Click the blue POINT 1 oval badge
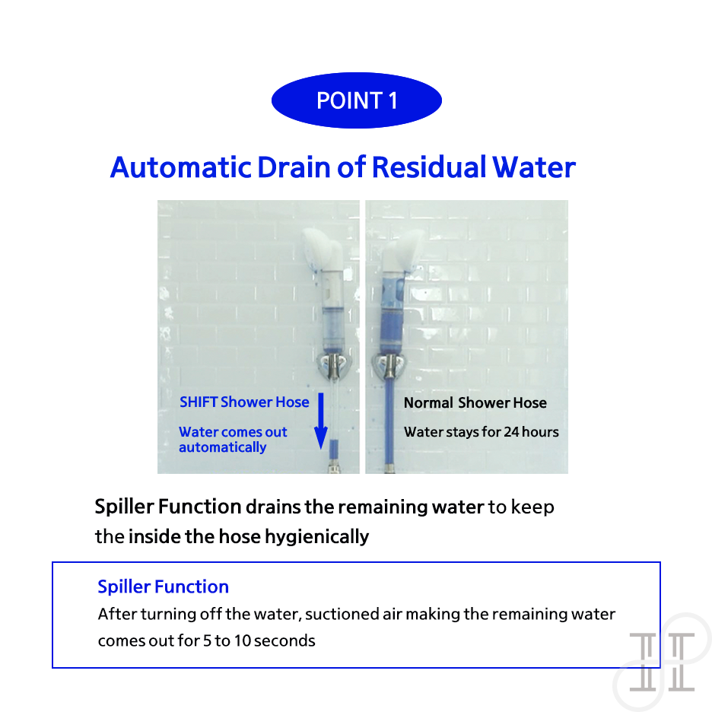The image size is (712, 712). (x=357, y=100)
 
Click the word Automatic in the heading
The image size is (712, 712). (x=181, y=167)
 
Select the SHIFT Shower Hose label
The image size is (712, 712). (x=244, y=402)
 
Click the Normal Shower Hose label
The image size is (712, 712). (x=475, y=402)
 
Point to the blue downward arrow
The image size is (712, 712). (x=321, y=421)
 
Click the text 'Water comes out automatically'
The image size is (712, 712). (x=233, y=439)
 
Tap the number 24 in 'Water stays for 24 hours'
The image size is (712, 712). (x=511, y=431)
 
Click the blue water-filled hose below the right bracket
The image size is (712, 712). (x=389, y=426)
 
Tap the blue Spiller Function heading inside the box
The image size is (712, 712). (x=163, y=586)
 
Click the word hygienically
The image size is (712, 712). (x=317, y=537)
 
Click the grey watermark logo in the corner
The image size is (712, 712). (x=662, y=662)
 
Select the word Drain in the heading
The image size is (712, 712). (x=294, y=167)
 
